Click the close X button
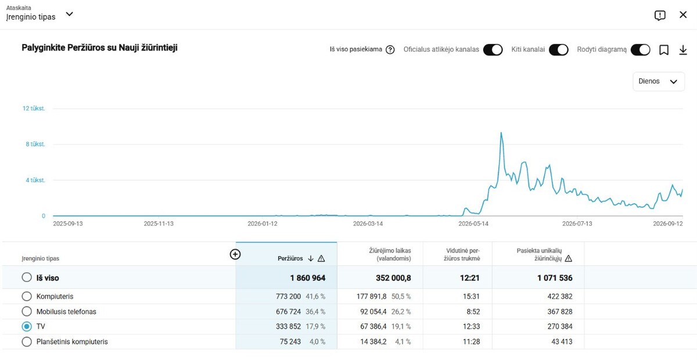click(683, 15)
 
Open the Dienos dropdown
click(659, 81)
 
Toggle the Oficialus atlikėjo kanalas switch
click(493, 50)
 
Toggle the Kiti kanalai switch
click(559, 50)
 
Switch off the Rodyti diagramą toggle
click(640, 50)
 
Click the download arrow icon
click(683, 50)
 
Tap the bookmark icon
click(664, 50)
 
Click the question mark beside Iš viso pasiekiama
click(390, 50)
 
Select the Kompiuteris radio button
click(27, 296)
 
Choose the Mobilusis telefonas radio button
click(27, 311)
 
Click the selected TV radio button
click(27, 326)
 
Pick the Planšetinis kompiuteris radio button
click(27, 341)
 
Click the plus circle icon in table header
click(235, 254)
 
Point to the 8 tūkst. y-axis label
click(35, 144)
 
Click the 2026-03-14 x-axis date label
click(368, 224)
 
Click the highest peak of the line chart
click(501, 133)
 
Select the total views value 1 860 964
click(308, 278)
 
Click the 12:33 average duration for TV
click(472, 326)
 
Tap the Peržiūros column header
click(290, 258)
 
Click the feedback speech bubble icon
click(660, 15)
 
